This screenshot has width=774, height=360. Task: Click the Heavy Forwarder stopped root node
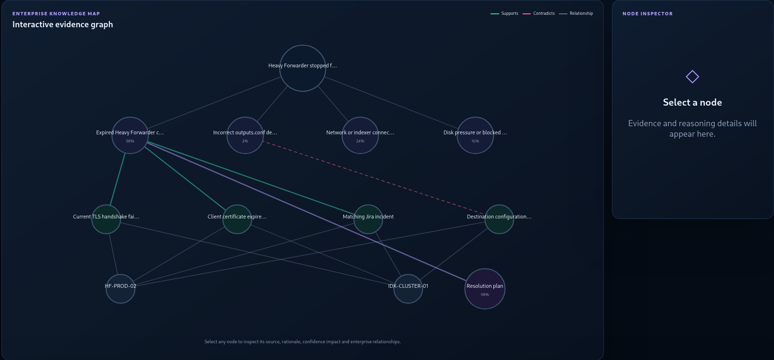[x=302, y=68]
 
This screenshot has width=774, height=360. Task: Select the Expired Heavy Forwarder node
[x=130, y=135]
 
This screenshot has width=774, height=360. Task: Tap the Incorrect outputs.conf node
[x=245, y=135]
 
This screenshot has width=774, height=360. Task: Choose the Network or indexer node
[x=360, y=135]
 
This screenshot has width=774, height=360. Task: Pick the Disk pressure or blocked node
[x=475, y=135]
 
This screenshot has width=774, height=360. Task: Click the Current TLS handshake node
[x=106, y=219]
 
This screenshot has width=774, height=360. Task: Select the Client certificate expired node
[x=237, y=219]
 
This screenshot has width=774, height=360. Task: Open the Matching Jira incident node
[x=368, y=219]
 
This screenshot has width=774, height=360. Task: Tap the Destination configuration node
[x=499, y=219]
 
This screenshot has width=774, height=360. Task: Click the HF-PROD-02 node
[x=120, y=289]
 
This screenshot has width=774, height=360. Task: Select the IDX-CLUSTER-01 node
[x=408, y=289]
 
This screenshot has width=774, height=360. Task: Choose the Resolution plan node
[x=485, y=289]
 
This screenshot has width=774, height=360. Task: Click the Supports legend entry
[x=504, y=13]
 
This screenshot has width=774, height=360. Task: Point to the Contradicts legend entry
[x=538, y=13]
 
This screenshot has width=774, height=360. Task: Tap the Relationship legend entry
[x=576, y=13]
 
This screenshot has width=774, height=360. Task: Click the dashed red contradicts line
[x=374, y=177]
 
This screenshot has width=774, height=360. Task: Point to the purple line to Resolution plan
[x=307, y=211]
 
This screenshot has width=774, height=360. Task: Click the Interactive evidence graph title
[x=63, y=24]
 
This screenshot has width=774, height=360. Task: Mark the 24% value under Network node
[x=360, y=141]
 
